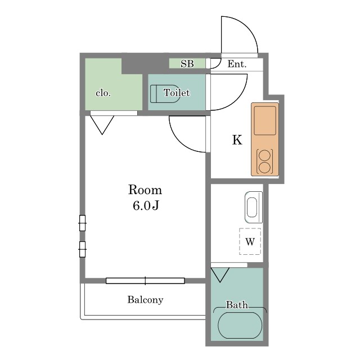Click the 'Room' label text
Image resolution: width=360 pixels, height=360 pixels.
(145, 190)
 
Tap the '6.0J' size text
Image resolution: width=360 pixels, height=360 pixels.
(145, 206)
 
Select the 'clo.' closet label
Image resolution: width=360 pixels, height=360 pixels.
(103, 93)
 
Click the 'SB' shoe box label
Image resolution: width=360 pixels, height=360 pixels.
(187, 64)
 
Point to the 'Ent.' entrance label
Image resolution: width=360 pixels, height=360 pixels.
(237, 64)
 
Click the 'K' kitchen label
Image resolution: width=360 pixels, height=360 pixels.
(237, 140)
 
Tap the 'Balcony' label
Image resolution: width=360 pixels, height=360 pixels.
(145, 300)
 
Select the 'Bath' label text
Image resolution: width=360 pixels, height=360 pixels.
(237, 305)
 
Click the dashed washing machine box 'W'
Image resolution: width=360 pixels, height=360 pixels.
(250, 242)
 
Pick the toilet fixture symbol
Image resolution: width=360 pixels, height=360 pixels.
(164, 93)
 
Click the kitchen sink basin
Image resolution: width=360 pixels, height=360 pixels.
(265, 120)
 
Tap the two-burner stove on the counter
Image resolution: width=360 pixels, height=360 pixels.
(264, 161)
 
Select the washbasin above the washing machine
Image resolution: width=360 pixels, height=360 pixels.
(253, 206)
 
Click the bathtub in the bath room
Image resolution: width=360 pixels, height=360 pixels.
(240, 325)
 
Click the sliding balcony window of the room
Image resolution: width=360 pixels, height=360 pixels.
(145, 280)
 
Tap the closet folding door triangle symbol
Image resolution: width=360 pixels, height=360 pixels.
(102, 124)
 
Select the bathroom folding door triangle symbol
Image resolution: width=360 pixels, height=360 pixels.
(220, 275)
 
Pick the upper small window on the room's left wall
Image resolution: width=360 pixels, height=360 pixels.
(83, 223)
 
